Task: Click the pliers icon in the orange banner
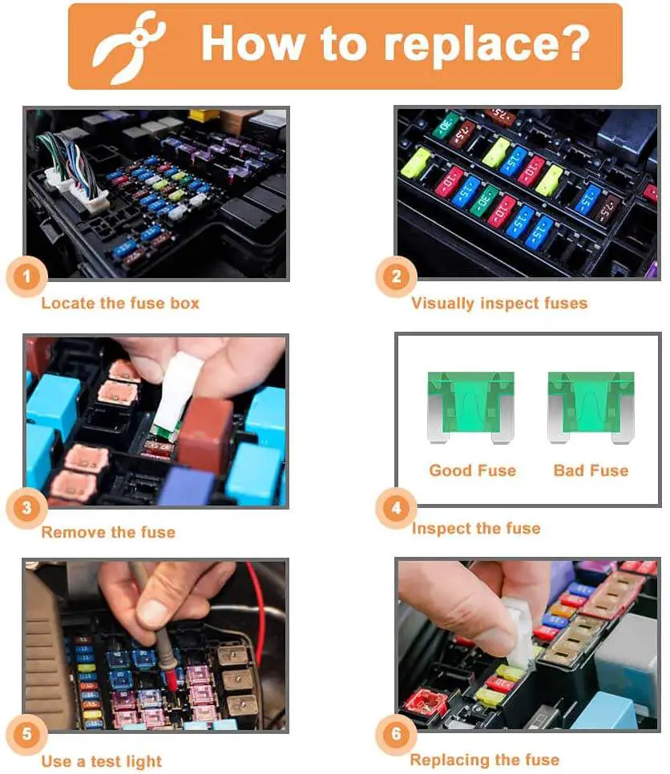pos(128,47)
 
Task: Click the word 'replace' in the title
pos(470,47)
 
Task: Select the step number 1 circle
pos(26,276)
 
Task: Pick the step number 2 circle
pos(396,276)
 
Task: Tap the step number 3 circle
pos(26,508)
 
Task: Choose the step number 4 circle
pos(396,508)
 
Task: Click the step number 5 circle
pos(26,734)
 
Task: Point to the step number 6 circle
pos(396,734)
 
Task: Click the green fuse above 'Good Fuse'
pos(471,407)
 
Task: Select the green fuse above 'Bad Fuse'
pos(591,407)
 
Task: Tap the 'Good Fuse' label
pos(473,470)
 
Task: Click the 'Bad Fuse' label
pos(591,470)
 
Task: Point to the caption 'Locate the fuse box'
pos(120,303)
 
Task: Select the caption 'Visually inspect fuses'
pos(499,303)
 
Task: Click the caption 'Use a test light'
pos(101,761)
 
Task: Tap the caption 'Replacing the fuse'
pos(484,760)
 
